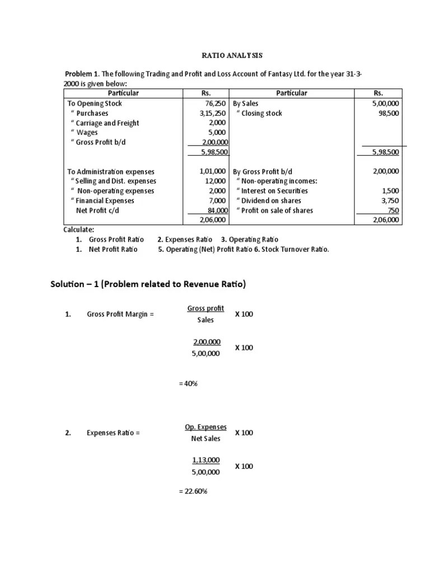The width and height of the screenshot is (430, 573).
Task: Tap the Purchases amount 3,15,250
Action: click(213, 113)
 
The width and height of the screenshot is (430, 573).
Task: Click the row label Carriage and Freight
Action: click(105, 123)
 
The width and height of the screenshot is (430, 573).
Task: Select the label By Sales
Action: click(245, 104)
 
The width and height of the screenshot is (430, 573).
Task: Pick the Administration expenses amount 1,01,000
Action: click(212, 171)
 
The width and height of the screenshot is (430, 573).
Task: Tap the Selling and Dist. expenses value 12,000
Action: click(216, 181)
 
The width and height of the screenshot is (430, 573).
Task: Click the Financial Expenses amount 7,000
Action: click(217, 200)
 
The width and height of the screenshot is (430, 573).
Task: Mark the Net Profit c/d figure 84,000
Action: click(216, 210)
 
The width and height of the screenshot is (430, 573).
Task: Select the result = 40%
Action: click(188, 384)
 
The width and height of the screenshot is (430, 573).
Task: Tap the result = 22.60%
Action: click(193, 491)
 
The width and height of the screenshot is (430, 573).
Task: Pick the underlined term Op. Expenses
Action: click(205, 427)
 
